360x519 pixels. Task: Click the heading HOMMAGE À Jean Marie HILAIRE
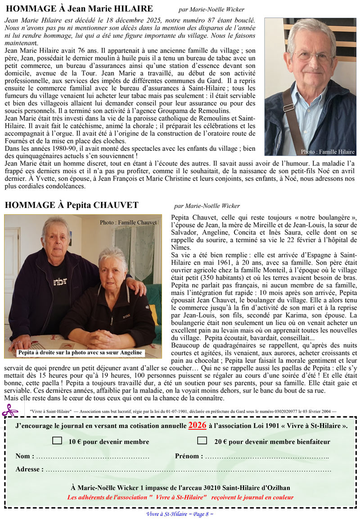click(x=80, y=9)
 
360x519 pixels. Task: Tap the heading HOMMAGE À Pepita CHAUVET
click(x=72, y=205)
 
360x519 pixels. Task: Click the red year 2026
click(x=198, y=425)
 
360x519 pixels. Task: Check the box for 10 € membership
click(x=57, y=441)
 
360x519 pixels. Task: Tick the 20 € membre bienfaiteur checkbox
click(x=202, y=441)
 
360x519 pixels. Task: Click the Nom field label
click(x=25, y=456)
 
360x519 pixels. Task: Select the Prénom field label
click(x=188, y=456)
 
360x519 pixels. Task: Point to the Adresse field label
click(x=29, y=469)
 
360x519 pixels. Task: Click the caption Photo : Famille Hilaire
click(x=328, y=152)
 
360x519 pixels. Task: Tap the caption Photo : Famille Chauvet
click(x=128, y=222)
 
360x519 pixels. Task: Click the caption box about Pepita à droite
click(x=80, y=352)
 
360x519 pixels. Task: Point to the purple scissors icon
click(x=10, y=411)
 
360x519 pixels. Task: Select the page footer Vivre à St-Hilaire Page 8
click(x=180, y=514)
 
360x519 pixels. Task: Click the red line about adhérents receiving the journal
click(x=180, y=497)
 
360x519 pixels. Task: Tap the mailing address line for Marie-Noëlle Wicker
click(x=180, y=487)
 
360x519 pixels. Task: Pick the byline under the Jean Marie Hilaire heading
click(x=211, y=9)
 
